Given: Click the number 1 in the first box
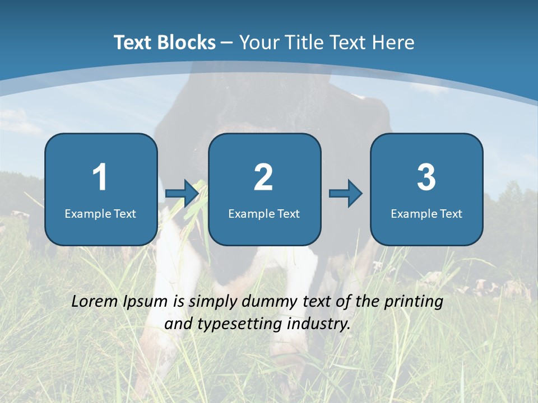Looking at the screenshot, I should click(100, 177).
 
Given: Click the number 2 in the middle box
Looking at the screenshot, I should click(263, 177).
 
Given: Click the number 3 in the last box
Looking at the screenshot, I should click(426, 177).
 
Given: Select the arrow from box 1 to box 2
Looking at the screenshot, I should click(183, 194).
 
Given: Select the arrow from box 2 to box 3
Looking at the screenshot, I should click(346, 194).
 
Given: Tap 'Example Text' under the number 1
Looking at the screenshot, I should click(100, 213).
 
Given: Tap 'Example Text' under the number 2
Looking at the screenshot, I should click(264, 213).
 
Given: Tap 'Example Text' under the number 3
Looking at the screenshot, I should click(426, 213).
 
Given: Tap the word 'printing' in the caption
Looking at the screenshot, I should click(414, 302).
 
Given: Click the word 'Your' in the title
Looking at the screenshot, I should click(259, 43).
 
